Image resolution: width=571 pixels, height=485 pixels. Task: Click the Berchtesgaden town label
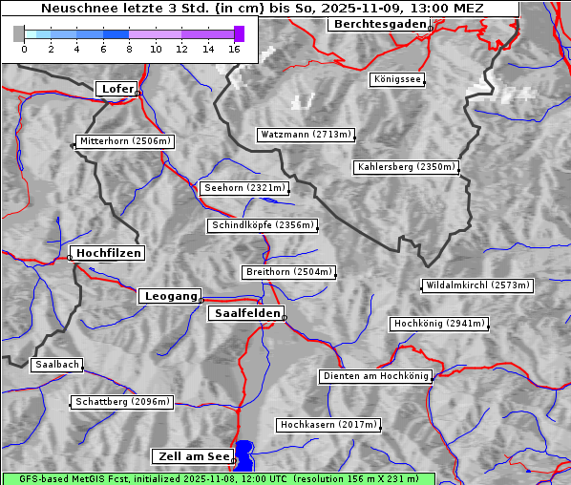[x=378, y=24]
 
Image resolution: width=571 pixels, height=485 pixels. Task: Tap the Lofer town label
[x=117, y=89]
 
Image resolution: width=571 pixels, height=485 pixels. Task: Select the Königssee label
[x=397, y=79]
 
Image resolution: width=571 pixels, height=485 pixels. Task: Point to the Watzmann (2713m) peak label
[x=306, y=135]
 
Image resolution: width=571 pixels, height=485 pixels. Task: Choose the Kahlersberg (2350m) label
[x=407, y=167]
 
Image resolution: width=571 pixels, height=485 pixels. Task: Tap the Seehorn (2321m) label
[x=244, y=188]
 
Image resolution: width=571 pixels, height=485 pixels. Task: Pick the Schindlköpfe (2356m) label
[x=262, y=225]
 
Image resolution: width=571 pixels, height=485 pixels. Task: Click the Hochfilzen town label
[x=108, y=253]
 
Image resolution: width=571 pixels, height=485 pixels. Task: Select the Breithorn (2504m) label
[x=288, y=272]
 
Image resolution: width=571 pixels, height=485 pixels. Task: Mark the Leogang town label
[x=170, y=296]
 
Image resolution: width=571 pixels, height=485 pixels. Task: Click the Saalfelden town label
[x=246, y=313]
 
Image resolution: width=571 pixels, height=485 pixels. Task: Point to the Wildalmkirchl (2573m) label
[x=476, y=285]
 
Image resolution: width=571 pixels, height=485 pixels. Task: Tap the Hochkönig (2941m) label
[x=439, y=324]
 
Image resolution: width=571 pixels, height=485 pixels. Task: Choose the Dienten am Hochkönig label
[x=375, y=376]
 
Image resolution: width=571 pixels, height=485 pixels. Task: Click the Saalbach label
[x=56, y=365]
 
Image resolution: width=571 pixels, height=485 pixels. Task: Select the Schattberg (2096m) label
[x=122, y=402]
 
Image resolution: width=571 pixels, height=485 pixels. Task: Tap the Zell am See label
[x=192, y=456]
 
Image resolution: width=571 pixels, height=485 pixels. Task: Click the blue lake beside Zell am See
[x=245, y=453]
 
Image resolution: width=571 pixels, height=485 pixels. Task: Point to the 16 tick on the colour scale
[x=235, y=48]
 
